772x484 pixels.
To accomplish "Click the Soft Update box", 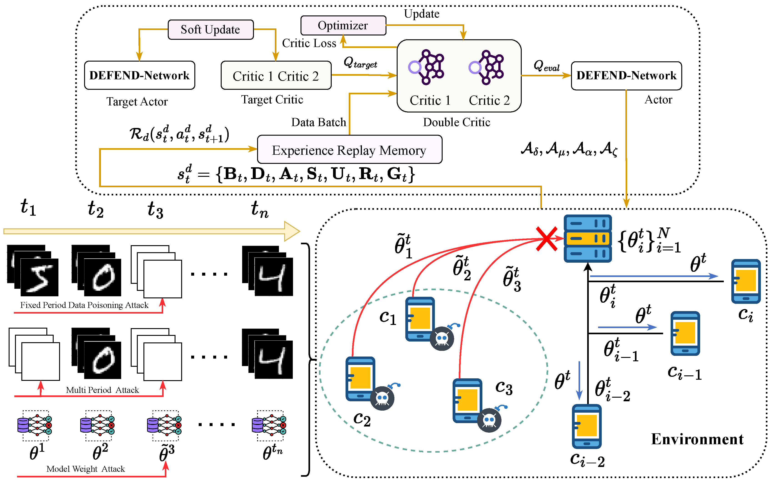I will point(210,30).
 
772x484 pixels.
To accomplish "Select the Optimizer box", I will point(343,25).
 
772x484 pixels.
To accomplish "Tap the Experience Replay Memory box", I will point(349,150).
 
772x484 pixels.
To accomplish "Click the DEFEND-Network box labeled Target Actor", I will point(139,75).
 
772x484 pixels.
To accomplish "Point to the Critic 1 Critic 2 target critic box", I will point(276,75).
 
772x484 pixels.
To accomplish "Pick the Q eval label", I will point(546,66).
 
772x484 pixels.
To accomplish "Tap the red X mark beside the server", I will point(546,239).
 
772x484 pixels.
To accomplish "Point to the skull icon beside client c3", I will point(489,420).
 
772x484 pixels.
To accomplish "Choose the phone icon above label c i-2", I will point(587,426).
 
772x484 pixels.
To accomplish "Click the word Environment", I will point(697,439).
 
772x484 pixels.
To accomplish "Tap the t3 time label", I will point(155,210).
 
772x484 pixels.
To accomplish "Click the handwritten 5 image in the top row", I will point(39,277).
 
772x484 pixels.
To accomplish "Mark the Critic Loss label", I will point(309,43).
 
